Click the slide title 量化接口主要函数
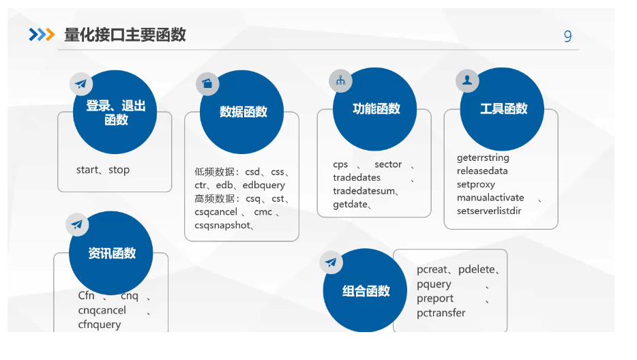(x=125, y=35)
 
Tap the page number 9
(x=567, y=37)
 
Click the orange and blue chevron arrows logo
(x=42, y=35)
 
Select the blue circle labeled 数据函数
(x=243, y=112)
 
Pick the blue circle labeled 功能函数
(x=376, y=109)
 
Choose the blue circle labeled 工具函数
(x=503, y=109)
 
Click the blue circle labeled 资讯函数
(x=111, y=254)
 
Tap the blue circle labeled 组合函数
(x=366, y=291)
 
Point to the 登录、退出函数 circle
(x=115, y=112)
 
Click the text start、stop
(x=103, y=170)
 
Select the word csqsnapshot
(x=222, y=225)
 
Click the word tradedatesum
(x=364, y=191)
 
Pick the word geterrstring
(x=483, y=157)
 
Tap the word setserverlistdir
(x=489, y=211)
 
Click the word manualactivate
(x=490, y=198)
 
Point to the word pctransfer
(x=441, y=313)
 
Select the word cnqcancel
(x=102, y=310)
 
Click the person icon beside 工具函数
(x=467, y=81)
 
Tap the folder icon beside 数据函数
(x=207, y=83)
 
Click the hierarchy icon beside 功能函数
(x=340, y=80)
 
